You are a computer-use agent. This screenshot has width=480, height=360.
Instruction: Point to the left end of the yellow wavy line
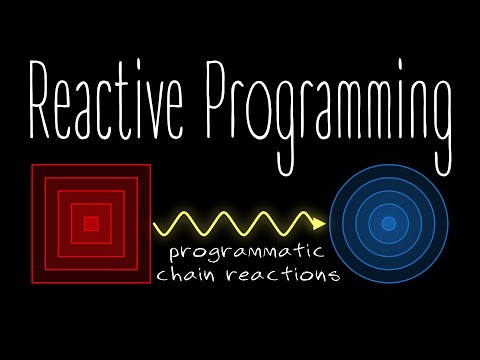(154, 224)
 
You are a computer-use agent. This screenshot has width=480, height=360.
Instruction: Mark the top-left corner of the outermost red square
(32, 165)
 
